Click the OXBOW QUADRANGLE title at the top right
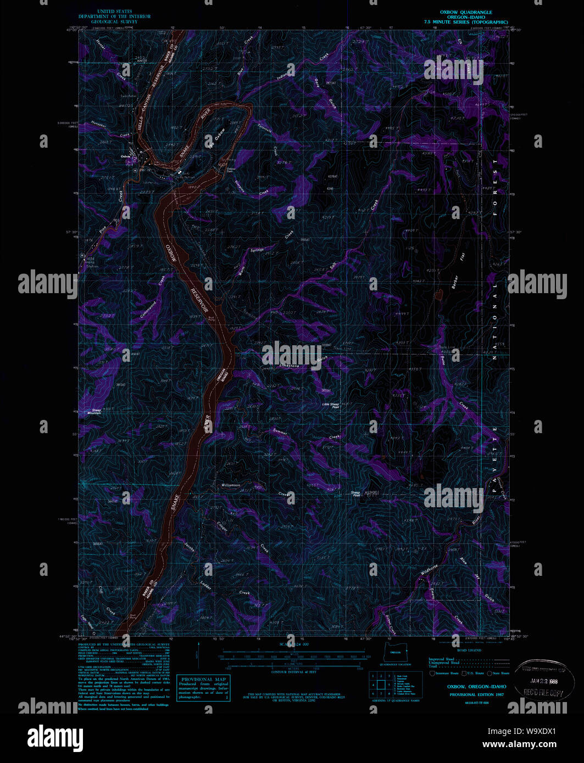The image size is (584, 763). (465, 12)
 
